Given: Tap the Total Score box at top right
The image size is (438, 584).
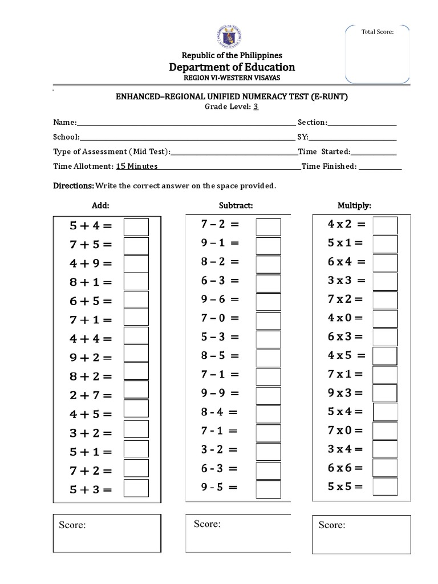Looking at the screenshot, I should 378,51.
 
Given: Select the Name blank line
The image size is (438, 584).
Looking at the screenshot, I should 186,123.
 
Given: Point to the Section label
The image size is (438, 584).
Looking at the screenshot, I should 311,122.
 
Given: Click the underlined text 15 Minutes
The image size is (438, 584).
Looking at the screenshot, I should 137,166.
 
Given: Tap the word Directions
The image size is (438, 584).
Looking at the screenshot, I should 73,186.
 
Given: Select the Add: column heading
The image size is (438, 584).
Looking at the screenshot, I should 100,205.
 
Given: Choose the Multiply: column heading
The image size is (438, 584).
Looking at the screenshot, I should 354,205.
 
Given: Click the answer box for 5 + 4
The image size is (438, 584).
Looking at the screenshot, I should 136,226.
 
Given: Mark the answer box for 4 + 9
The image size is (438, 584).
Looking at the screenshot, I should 136,263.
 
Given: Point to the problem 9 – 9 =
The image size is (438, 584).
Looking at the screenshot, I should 220,393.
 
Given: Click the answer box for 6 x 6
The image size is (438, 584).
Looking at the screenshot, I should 385,468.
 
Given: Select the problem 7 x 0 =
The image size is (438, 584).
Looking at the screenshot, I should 345,431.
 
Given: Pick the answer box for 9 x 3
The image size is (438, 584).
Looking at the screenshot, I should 385,393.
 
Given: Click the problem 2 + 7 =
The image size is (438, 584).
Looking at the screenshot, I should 91,395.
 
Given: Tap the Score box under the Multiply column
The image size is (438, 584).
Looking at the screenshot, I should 361,534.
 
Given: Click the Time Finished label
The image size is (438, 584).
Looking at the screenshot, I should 328,167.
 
